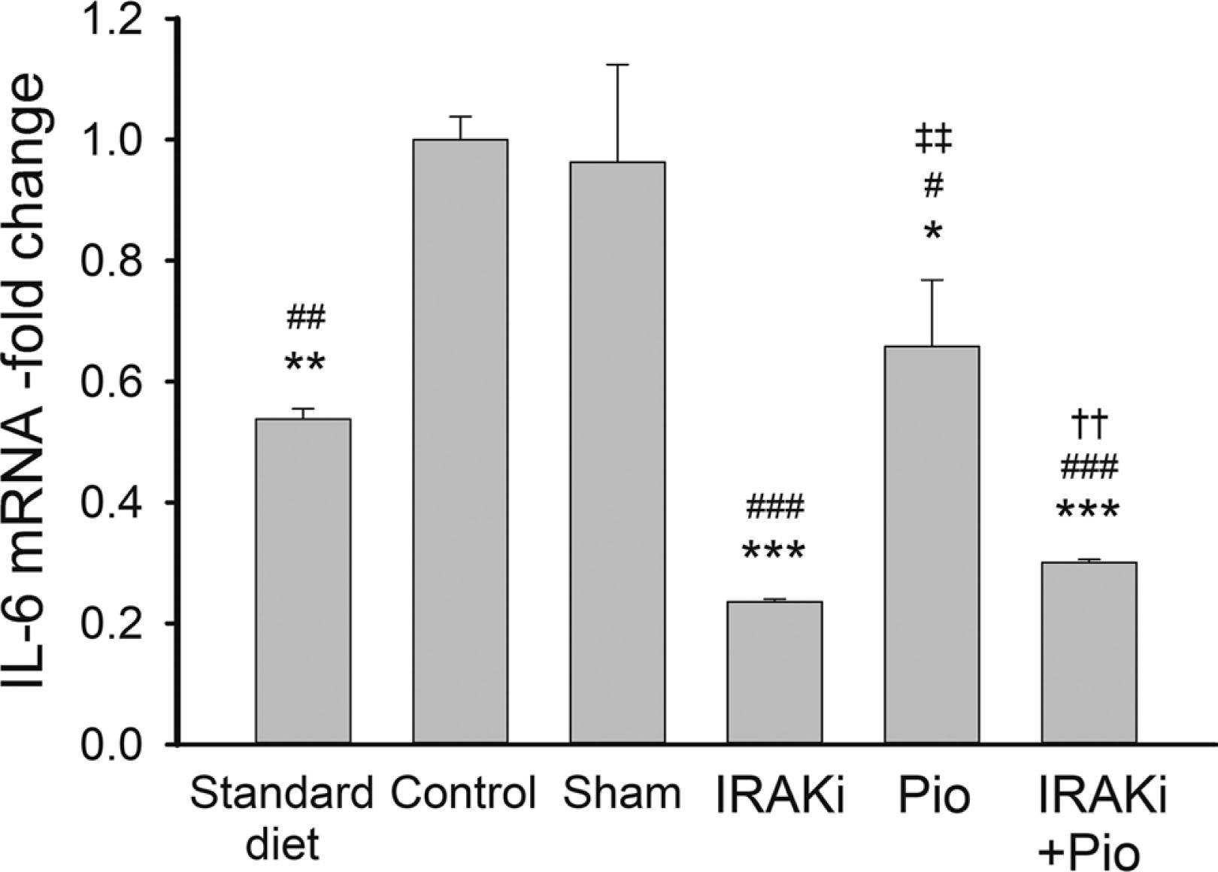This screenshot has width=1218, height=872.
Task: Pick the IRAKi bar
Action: (774, 673)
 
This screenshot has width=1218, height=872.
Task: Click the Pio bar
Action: (932, 545)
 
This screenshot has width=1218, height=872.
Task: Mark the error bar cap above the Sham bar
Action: (617, 65)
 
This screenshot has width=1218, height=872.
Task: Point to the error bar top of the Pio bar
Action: (932, 280)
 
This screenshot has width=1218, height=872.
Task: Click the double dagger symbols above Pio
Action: (933, 140)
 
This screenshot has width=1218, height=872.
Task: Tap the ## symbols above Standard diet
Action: (305, 319)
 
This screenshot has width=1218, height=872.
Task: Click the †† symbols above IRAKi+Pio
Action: (1088, 426)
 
